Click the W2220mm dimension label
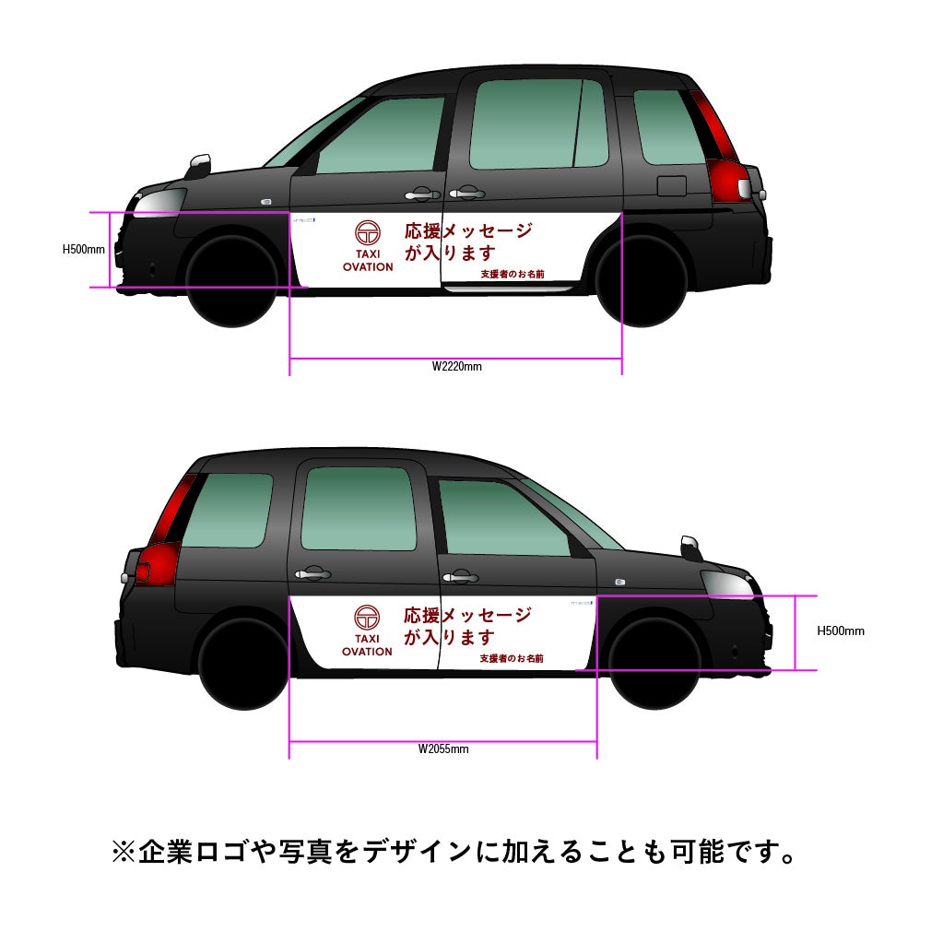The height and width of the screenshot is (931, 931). pos(456,366)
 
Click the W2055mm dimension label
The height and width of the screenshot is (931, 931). pos(443,748)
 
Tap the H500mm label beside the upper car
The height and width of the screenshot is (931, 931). pos(84,249)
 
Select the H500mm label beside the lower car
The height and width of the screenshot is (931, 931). pos(841,631)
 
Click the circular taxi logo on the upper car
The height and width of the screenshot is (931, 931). pos(368,233)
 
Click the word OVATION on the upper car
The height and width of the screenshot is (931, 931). pos(368,267)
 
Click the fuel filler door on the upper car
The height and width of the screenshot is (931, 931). pos(671,185)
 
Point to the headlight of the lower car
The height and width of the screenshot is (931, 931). pos(728,583)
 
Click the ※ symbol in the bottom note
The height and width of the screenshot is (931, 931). pos(124,852)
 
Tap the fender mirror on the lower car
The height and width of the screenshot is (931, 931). pos(691,547)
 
